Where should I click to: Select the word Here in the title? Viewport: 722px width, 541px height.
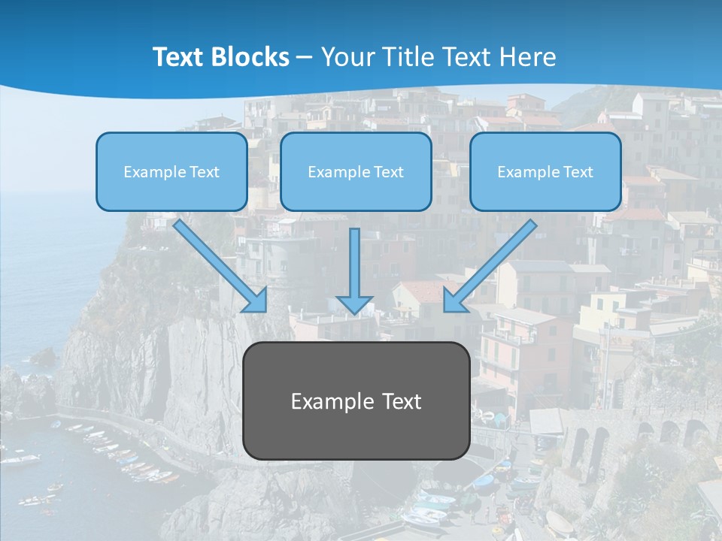(529, 57)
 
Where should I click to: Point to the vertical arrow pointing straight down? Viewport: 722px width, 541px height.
(355, 263)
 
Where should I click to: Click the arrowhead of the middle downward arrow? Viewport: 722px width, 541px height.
(355, 304)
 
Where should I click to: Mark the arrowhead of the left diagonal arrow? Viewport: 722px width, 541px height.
(256, 301)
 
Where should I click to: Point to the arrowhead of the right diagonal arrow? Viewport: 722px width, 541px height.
(454, 301)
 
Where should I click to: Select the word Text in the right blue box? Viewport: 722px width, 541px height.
(578, 172)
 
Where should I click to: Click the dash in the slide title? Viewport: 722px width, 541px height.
(305, 58)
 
